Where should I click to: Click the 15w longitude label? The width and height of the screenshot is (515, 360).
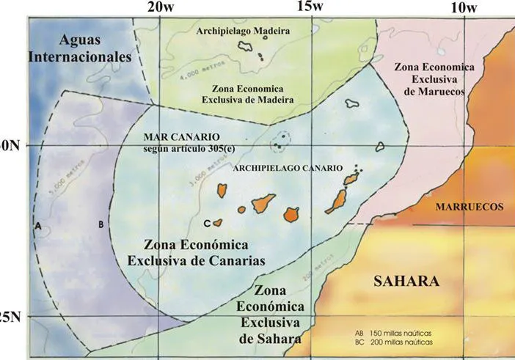[309, 7]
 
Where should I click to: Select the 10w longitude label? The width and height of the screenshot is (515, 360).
[463, 8]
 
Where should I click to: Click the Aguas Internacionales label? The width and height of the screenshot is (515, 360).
[79, 48]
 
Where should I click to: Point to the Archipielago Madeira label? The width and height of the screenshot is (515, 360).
[244, 32]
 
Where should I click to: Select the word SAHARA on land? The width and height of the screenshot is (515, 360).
[405, 282]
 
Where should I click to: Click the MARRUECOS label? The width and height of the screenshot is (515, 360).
[470, 207]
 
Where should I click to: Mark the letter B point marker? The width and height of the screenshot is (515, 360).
[101, 225]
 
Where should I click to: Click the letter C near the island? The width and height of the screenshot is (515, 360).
[207, 222]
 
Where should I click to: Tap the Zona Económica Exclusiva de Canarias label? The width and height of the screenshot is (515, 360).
[197, 252]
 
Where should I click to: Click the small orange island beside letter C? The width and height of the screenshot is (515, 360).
[218, 221]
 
